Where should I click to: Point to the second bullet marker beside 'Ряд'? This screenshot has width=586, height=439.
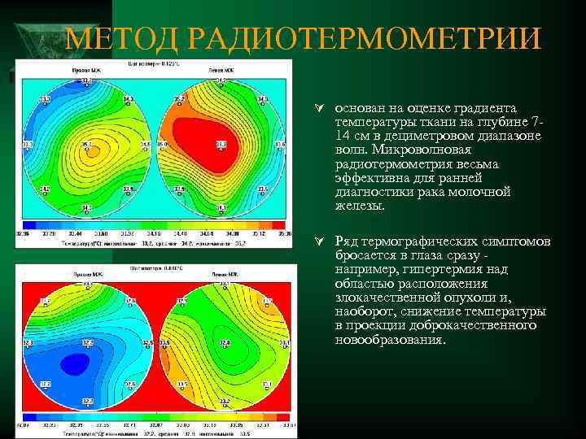322,242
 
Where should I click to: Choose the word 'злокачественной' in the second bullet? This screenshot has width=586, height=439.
383,298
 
